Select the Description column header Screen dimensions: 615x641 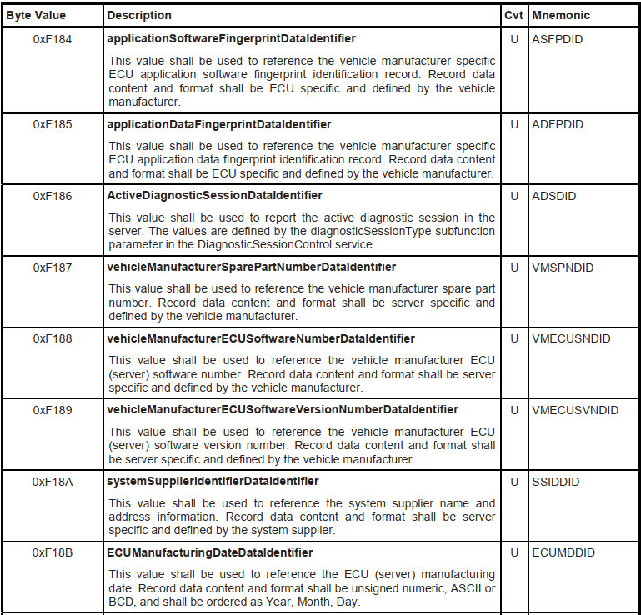pyautogui.click(x=140, y=15)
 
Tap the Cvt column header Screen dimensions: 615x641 pyautogui.click(x=513, y=15)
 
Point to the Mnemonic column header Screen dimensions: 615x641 pyautogui.click(x=560, y=15)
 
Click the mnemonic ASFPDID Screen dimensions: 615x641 pyautogui.click(x=558, y=39)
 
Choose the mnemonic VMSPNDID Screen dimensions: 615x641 pyautogui.click(x=563, y=267)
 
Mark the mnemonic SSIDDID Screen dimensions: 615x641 pyautogui.click(x=555, y=482)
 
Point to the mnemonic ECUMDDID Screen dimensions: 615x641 pyautogui.click(x=563, y=552)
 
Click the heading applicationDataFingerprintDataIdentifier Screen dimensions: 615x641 pyautogui.click(x=219, y=124)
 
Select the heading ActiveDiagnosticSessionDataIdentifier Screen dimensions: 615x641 pyautogui.click(x=215, y=196)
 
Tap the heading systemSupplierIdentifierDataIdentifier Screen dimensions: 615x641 pyautogui.click(x=213, y=482)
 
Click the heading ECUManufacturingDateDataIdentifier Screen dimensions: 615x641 pyautogui.click(x=210, y=552)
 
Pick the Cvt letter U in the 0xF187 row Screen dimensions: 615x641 pyautogui.click(x=513, y=267)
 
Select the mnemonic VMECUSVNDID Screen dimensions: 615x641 pyautogui.click(x=575, y=410)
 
